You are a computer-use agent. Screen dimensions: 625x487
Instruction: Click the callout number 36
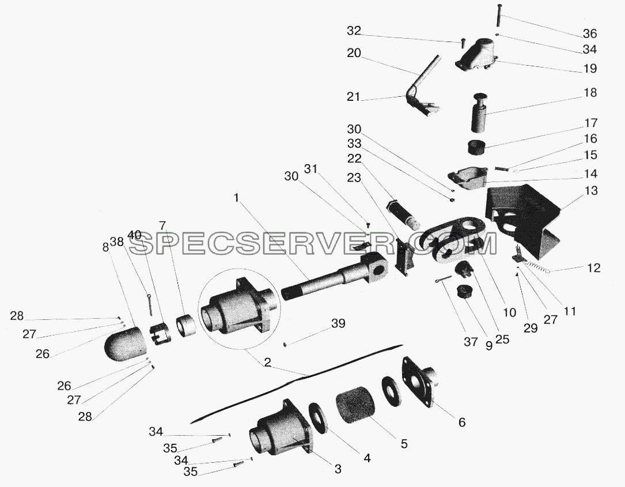590,33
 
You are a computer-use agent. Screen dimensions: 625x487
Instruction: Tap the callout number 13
590,191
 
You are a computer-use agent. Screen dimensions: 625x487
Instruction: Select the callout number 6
462,422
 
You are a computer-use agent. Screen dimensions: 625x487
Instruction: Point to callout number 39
338,323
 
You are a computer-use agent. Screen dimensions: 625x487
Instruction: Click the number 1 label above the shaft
236,198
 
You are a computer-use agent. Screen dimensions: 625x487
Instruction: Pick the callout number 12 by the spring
593,267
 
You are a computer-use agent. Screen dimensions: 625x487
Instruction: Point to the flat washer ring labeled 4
319,417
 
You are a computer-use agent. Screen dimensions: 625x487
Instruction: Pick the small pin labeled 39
285,344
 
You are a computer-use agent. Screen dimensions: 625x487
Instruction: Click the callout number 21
354,97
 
